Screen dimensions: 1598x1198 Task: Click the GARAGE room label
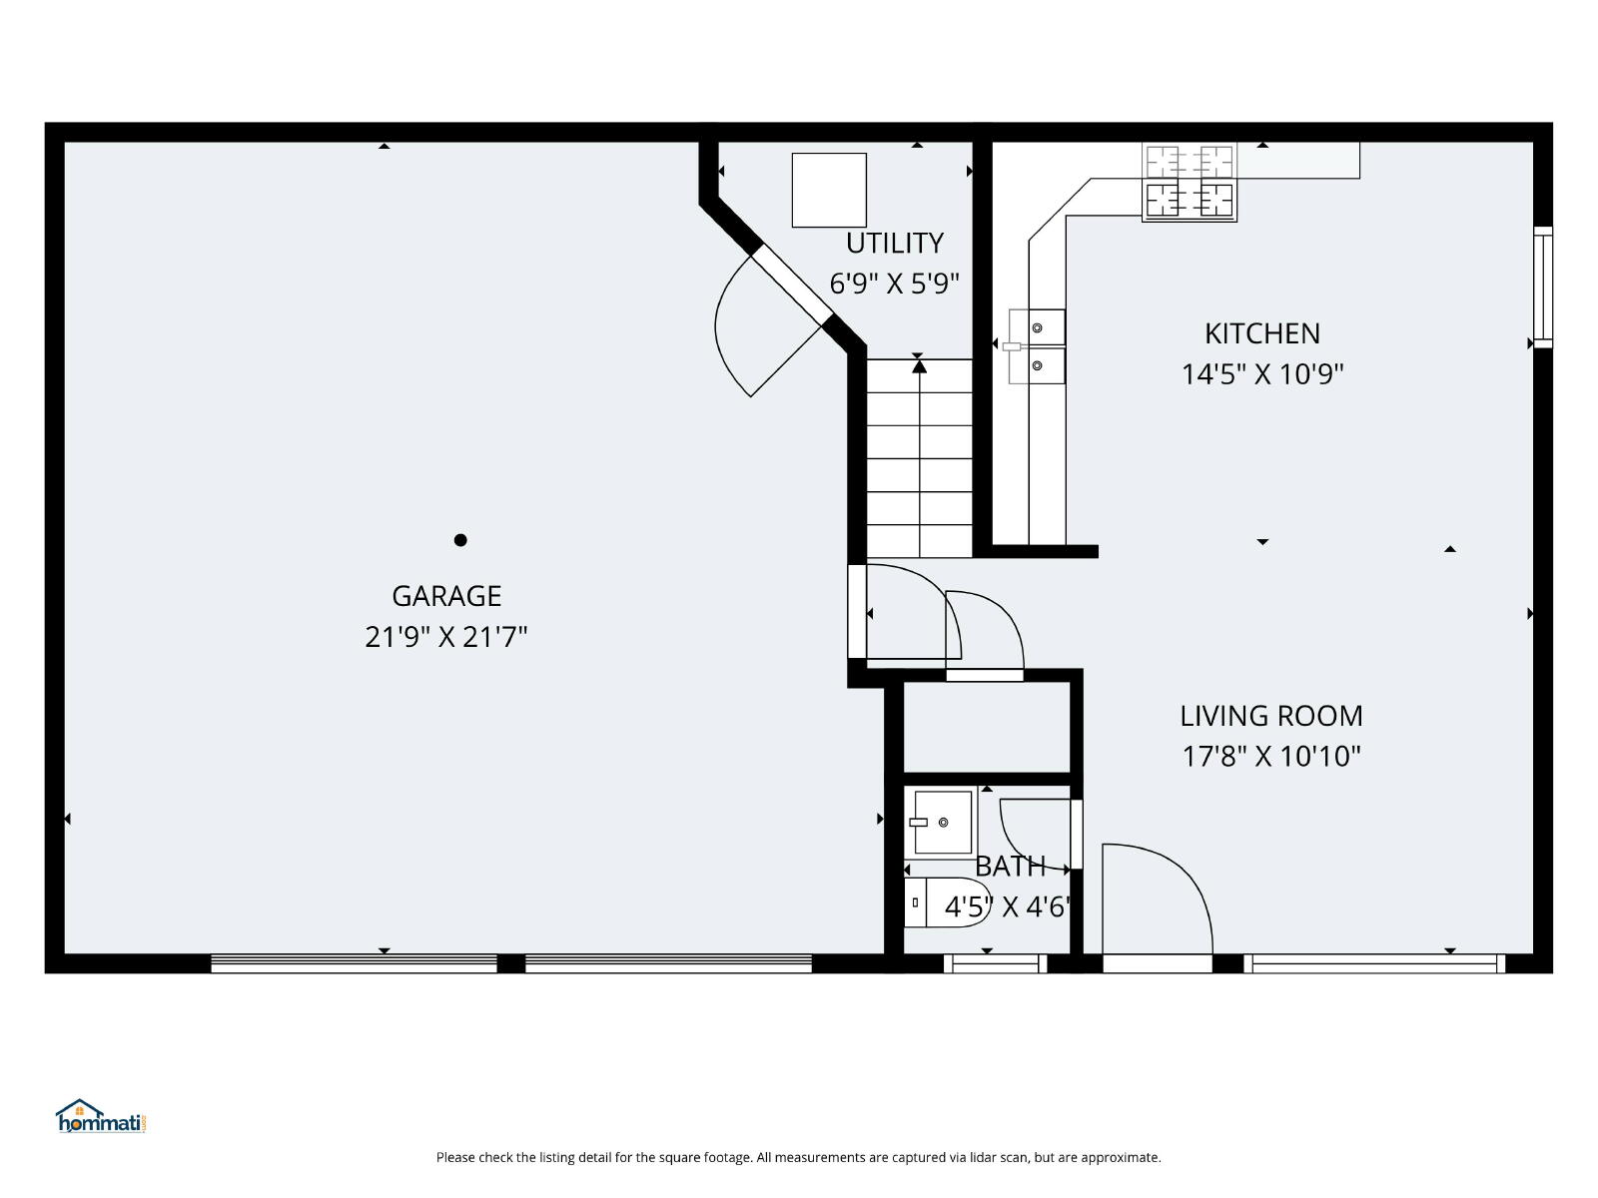tap(446, 596)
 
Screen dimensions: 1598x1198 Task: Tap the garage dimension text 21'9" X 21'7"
tap(445, 637)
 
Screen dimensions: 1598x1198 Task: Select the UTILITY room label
tap(895, 243)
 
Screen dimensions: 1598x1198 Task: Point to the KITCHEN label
tap(1262, 333)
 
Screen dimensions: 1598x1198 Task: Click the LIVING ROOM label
tap(1271, 717)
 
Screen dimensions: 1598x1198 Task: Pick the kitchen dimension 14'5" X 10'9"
tap(1262, 374)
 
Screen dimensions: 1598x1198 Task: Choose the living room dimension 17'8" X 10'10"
tap(1271, 757)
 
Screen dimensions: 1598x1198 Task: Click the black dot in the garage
tap(460, 540)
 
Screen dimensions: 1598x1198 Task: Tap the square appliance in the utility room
tap(829, 190)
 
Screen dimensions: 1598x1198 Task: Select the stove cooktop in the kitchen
tap(1189, 182)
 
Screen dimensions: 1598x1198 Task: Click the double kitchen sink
tap(1037, 347)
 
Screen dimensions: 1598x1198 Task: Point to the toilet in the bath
tap(947, 902)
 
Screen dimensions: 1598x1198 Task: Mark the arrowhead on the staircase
tap(920, 366)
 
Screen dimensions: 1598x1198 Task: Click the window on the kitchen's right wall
tap(1543, 288)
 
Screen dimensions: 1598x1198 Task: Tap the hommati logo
tap(101, 1116)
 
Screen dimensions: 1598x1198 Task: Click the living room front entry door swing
tap(1158, 898)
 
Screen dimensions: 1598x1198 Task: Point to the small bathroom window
tap(995, 963)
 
